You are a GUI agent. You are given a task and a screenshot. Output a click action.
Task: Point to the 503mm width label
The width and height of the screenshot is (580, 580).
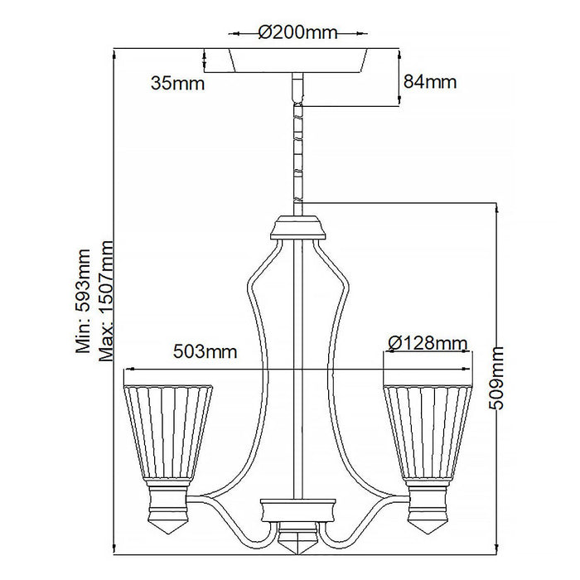click(204, 352)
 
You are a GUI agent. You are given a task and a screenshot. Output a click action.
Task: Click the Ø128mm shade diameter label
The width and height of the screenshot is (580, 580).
click(427, 343)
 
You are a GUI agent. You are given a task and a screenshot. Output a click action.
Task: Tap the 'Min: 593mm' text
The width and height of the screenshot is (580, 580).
click(84, 302)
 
